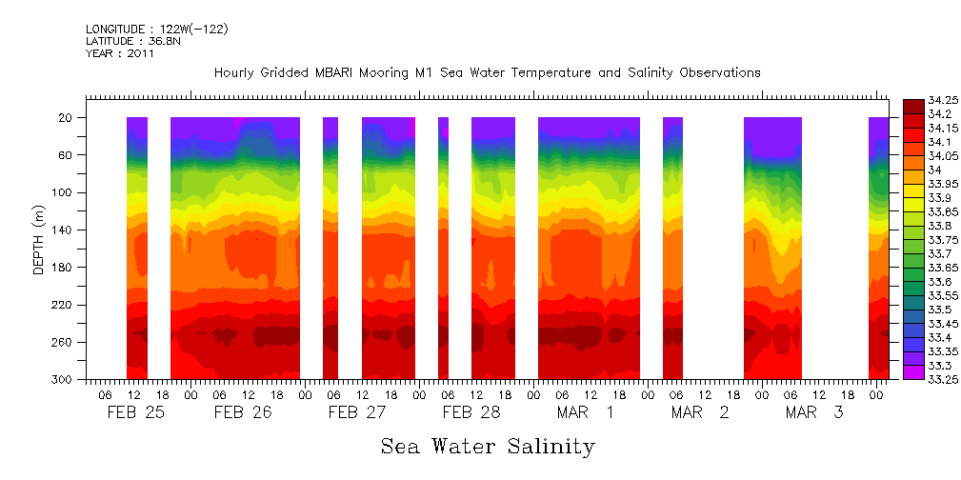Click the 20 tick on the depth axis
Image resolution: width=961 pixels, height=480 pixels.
(66, 117)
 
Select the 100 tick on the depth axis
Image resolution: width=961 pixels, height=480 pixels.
(63, 192)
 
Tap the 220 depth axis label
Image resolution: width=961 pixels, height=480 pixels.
(63, 305)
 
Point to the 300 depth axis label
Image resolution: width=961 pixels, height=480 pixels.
(63, 380)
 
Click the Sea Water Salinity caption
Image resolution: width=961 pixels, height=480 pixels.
(488, 447)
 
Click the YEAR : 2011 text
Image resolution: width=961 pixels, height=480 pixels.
(120, 54)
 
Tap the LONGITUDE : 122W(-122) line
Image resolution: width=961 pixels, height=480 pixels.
(156, 30)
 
